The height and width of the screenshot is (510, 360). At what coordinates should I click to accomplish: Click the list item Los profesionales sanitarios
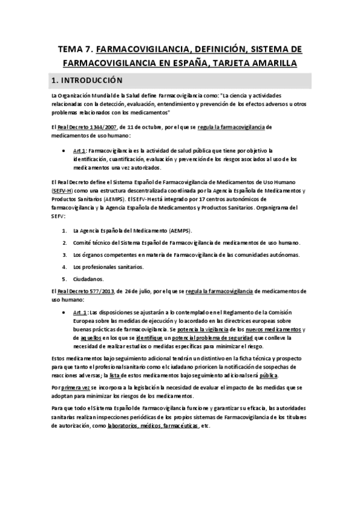coord(108,266)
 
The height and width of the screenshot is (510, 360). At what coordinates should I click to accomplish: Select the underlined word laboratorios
coord(121,426)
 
